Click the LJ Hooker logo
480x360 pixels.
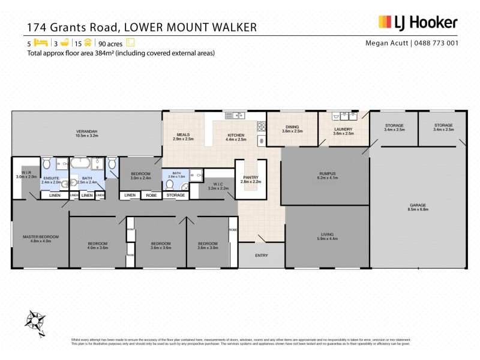point(418,23)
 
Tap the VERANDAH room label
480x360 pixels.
point(86,131)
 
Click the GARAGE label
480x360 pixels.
point(418,205)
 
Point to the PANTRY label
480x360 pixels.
point(250,178)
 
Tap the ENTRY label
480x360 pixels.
point(262,256)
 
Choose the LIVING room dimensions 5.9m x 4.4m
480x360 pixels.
point(326,239)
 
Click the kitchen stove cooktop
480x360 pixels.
point(261,127)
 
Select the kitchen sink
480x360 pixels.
point(232,115)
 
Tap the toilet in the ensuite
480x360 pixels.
point(47,163)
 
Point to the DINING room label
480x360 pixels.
point(292,127)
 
